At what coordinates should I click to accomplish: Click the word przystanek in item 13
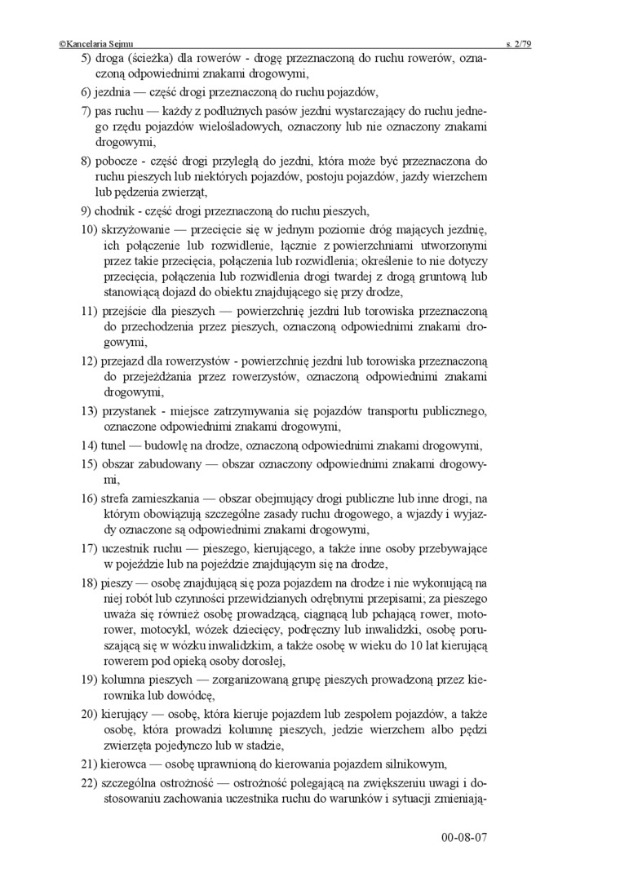(130, 410)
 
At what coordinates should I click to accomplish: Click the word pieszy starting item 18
(119, 583)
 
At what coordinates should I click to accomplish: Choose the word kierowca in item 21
(126, 764)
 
